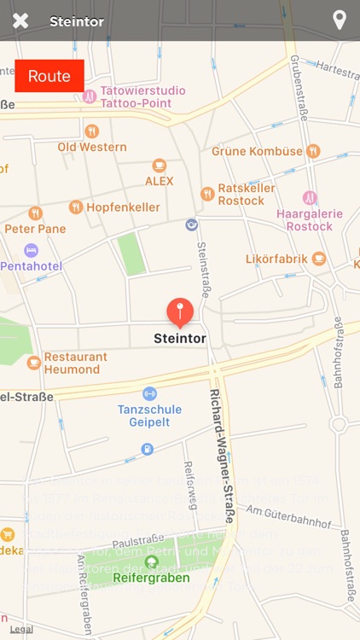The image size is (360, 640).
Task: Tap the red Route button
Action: click(x=49, y=76)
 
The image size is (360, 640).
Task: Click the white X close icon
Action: click(x=20, y=20)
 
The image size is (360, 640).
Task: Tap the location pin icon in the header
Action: click(x=339, y=20)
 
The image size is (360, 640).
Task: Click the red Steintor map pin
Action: click(x=179, y=312)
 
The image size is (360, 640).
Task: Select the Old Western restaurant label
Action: click(x=91, y=146)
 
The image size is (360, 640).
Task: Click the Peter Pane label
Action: click(x=35, y=228)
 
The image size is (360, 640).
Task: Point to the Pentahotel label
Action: click(x=31, y=265)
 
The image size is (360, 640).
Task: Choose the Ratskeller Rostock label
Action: click(x=241, y=195)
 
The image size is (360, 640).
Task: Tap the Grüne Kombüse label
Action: click(x=258, y=151)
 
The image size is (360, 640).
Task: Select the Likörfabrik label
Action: click(x=275, y=258)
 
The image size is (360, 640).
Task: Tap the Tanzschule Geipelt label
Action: click(x=149, y=415)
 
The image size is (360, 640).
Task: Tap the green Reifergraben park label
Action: click(x=151, y=577)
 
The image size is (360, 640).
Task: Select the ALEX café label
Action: click(x=159, y=180)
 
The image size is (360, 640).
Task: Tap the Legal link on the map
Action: click(x=21, y=629)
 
